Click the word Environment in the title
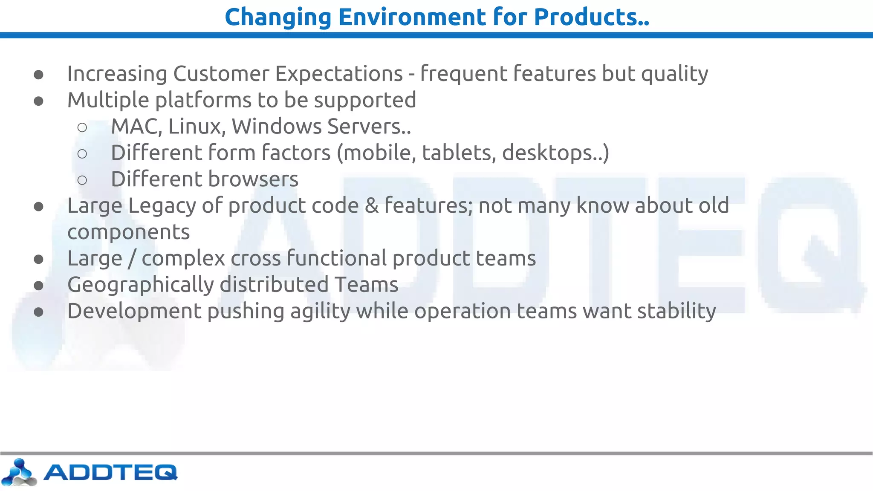point(411,17)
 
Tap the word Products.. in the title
point(591,17)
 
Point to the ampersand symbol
point(372,206)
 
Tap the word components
point(128,233)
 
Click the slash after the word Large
point(132,259)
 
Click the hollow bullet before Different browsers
point(82,180)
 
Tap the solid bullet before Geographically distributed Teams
point(39,286)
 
